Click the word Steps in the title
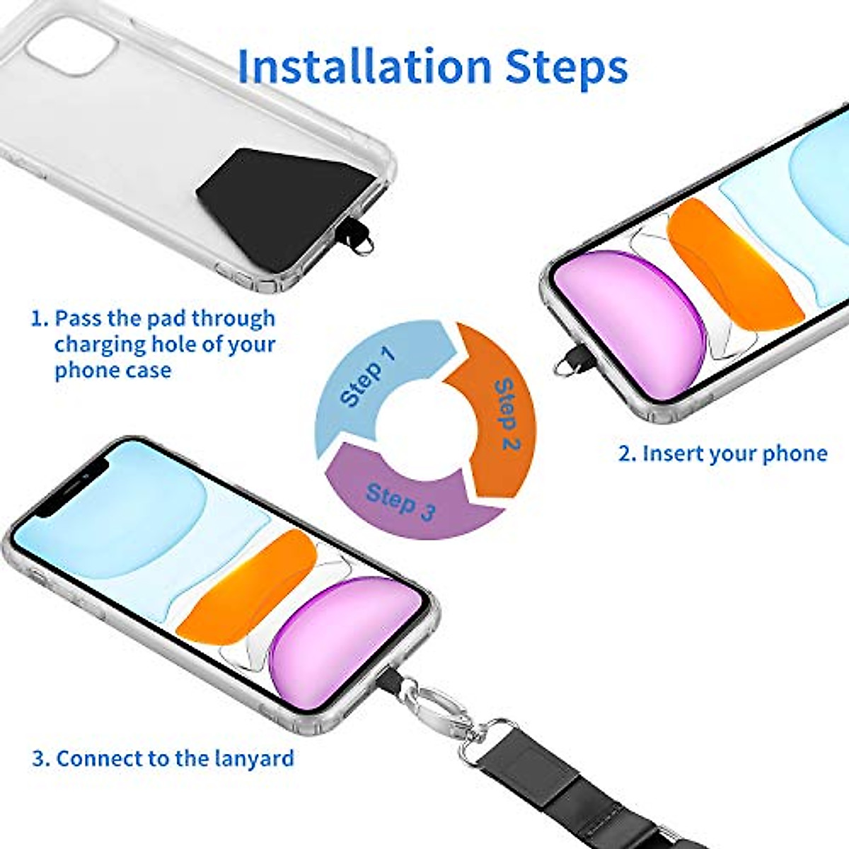566,67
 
